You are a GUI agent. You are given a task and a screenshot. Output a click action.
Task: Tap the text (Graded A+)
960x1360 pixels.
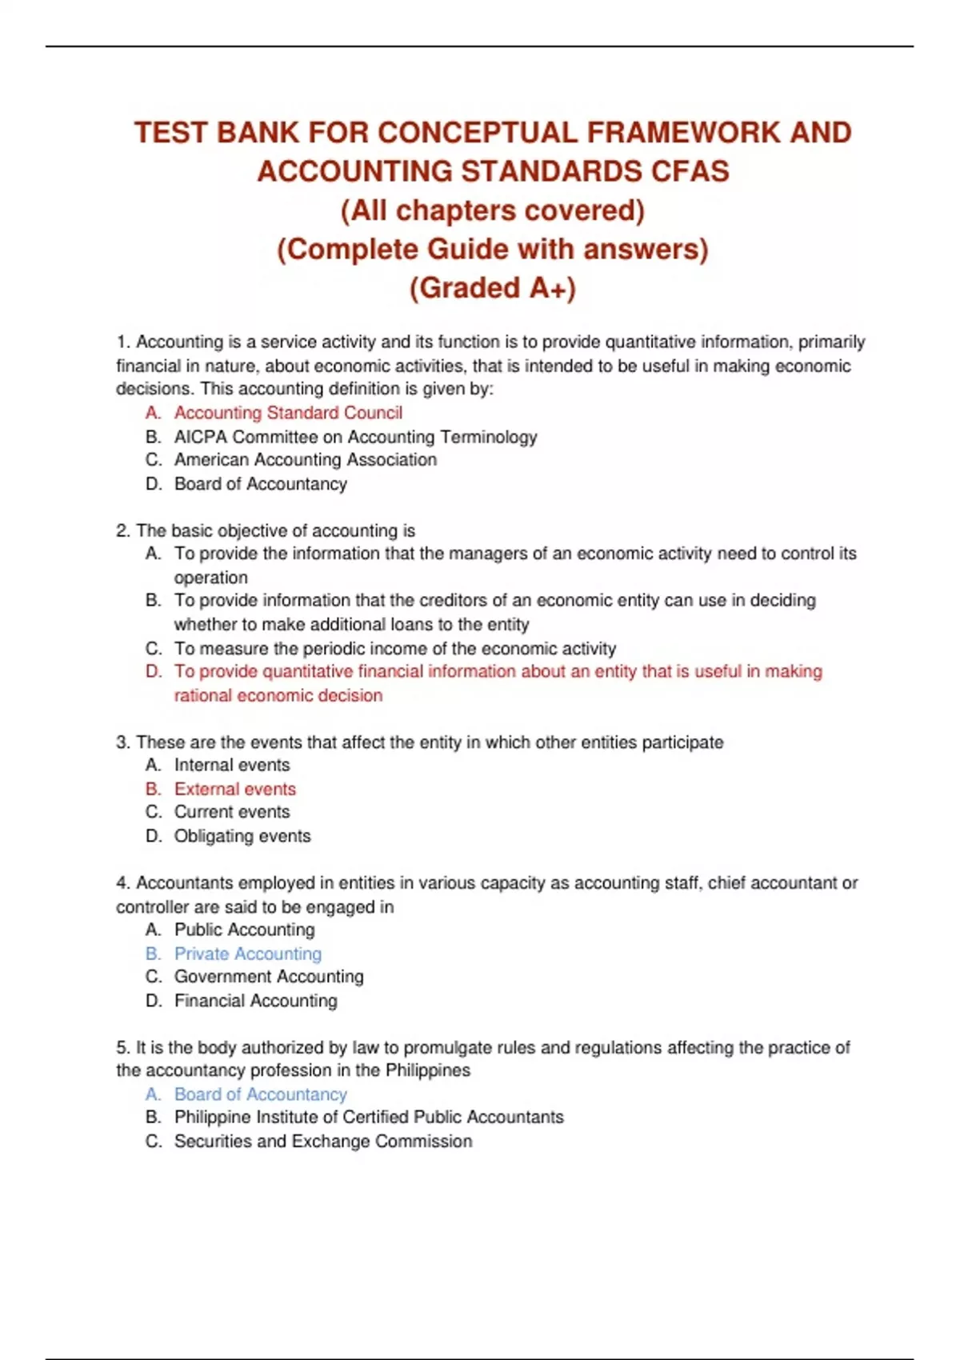[x=492, y=288]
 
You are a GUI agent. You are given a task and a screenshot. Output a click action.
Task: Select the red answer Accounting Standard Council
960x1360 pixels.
[x=288, y=413]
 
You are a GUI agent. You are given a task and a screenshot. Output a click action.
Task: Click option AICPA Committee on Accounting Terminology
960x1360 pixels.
[x=355, y=437]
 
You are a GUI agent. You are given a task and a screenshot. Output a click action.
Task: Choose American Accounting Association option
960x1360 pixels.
[x=305, y=460]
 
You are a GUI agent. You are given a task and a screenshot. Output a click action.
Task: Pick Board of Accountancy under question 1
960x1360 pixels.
[x=260, y=484]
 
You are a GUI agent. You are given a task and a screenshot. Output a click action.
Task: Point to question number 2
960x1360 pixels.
[x=123, y=531]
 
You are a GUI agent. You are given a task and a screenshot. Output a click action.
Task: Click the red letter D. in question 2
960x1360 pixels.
[x=154, y=672]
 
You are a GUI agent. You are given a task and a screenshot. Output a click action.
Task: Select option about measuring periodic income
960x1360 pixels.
[x=394, y=649]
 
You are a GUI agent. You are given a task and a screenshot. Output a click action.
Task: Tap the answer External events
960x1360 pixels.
[x=234, y=790]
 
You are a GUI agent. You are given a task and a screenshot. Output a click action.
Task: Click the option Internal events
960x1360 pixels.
[x=232, y=766]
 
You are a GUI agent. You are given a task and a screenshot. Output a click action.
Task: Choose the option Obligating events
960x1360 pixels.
[x=242, y=836]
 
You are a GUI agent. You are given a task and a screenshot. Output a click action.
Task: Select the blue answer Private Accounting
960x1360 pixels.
[x=247, y=954]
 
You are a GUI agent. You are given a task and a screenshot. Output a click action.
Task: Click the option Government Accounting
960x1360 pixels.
[x=268, y=977]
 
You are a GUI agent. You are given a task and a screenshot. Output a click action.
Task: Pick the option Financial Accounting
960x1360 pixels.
[x=255, y=1001]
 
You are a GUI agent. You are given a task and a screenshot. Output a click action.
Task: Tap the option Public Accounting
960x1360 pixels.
[x=244, y=930]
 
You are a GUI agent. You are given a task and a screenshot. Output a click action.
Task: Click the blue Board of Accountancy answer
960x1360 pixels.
[x=260, y=1094]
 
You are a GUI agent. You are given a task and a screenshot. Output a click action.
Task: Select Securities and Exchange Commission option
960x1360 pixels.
[x=322, y=1142]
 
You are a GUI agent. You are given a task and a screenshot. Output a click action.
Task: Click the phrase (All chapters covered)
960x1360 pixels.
[x=492, y=210]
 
